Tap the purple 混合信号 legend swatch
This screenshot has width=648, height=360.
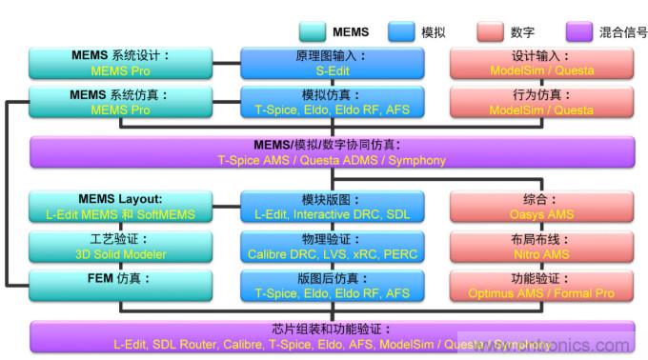pyautogui.click(x=579, y=31)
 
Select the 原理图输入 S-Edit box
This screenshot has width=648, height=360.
pyautogui.click(x=331, y=63)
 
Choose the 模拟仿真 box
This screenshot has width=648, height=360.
pyautogui.click(x=331, y=103)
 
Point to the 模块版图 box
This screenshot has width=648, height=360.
pyautogui.click(x=331, y=207)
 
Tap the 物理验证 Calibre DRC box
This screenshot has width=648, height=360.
pyautogui.click(x=331, y=247)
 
